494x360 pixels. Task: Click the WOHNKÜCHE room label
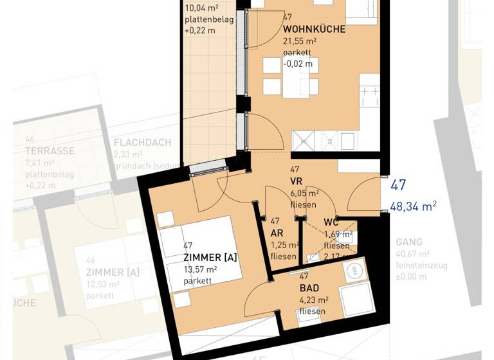click(314, 29)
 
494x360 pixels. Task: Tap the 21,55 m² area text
click(301, 40)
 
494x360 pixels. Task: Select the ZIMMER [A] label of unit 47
click(210, 257)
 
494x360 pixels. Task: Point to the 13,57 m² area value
click(201, 269)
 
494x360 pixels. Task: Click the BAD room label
click(309, 289)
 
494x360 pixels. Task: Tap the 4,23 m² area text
click(314, 300)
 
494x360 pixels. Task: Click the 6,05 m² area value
click(305, 192)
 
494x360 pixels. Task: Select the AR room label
click(277, 233)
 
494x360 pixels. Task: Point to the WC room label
click(331, 222)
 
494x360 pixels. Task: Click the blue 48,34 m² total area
click(414, 207)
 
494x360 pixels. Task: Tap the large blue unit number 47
click(398, 186)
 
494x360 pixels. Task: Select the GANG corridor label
click(409, 242)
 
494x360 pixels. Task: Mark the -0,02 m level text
click(298, 63)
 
